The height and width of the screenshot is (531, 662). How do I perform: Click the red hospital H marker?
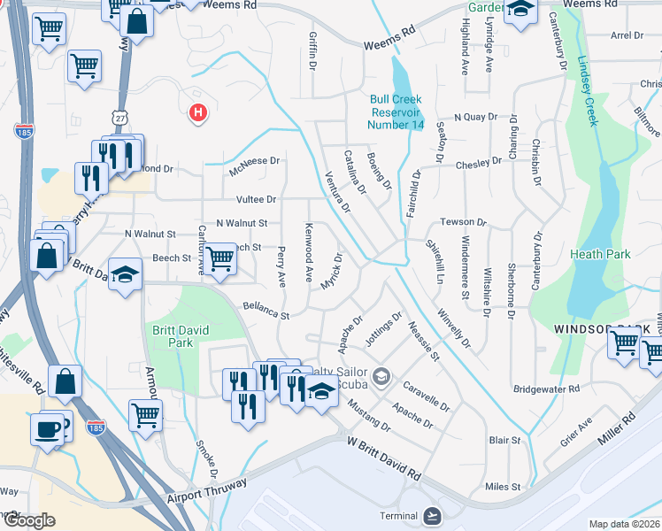[x=198, y=113]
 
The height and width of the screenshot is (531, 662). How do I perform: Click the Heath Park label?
[x=605, y=254]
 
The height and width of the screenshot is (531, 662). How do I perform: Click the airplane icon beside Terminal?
[x=432, y=516]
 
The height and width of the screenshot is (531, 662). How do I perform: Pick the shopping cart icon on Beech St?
[x=220, y=258]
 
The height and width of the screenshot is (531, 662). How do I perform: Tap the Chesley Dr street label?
[x=478, y=164]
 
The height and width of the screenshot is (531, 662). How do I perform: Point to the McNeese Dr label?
[x=254, y=161]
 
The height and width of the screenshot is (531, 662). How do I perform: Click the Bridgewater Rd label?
[x=546, y=389]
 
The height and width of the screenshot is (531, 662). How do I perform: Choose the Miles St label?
[x=503, y=487]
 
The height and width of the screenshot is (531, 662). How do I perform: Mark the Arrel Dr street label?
[x=627, y=35]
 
